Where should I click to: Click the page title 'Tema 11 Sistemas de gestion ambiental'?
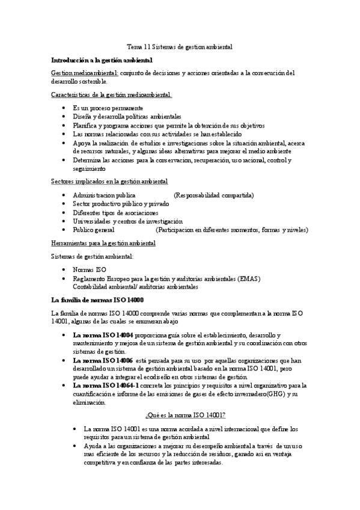[180, 46]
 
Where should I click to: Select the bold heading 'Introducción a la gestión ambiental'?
[102, 60]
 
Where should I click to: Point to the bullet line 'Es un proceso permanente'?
[108, 108]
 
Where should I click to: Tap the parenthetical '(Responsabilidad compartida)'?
[214, 195]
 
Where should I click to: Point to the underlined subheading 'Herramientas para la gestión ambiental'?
[104, 243]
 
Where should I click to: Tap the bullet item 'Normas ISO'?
[90, 270]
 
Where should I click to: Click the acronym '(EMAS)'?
[249, 278]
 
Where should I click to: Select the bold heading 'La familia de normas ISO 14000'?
[97, 300]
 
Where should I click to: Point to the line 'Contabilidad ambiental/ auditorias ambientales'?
[135, 287]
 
